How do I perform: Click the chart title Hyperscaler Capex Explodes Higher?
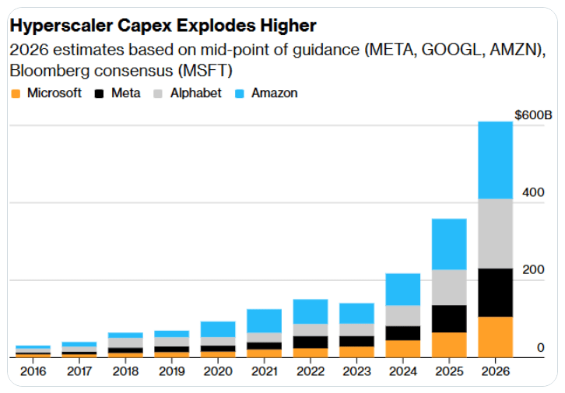click(x=163, y=26)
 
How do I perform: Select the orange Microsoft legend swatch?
click(x=16, y=93)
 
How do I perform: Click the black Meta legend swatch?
click(x=99, y=93)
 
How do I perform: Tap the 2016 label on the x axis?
click(x=33, y=370)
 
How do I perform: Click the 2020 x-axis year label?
click(x=218, y=370)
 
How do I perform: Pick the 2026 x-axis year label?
click(x=495, y=370)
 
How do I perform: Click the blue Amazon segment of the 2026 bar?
click(x=495, y=160)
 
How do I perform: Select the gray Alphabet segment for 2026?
click(x=495, y=233)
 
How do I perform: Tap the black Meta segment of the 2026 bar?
click(x=495, y=293)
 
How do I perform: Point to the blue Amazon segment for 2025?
click(x=449, y=244)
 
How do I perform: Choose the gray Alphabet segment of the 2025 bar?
click(x=449, y=287)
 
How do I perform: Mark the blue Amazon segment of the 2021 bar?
click(x=264, y=321)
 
